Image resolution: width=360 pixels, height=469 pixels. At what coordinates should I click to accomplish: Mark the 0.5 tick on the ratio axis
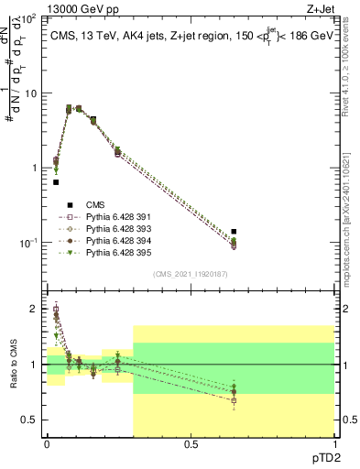32,420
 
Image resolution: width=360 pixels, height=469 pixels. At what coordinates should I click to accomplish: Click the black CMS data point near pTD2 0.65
234,232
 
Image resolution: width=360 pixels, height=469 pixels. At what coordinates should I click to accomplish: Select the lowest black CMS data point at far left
56,182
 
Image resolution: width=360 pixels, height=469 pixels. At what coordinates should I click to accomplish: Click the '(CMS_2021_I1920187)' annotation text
190,273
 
